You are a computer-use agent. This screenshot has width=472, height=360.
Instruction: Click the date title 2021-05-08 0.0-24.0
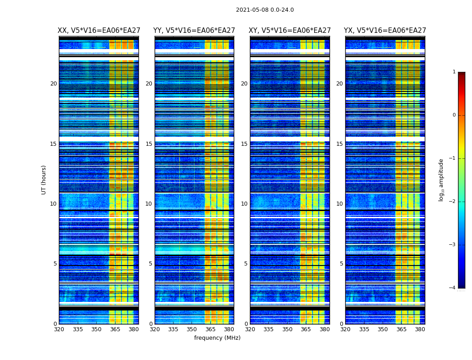pos(265,10)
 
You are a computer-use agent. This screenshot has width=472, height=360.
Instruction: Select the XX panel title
pos(99,31)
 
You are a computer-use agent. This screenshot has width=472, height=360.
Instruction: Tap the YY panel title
pos(194,31)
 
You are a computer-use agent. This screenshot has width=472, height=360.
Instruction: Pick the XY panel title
pos(289,31)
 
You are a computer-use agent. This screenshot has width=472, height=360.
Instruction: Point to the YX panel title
pos(385,31)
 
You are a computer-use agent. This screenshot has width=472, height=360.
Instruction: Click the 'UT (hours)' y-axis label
pos(44,180)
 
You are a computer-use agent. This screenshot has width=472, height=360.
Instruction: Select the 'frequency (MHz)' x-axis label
pos(217,338)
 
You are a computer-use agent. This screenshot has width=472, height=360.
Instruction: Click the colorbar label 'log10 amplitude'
pos(441,180)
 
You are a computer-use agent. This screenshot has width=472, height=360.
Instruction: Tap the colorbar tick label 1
pos(454,72)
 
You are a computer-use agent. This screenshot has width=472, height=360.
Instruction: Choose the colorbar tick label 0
pos(454,115)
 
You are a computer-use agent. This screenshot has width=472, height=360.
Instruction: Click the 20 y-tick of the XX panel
pos(53,84)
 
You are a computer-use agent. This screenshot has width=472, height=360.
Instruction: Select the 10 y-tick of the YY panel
pos(149,204)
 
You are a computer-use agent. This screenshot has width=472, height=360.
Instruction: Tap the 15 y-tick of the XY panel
pos(244,144)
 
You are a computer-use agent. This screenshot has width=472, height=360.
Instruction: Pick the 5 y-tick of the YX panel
pos(341,264)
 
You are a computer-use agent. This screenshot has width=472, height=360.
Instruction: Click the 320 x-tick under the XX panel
pos(59,329)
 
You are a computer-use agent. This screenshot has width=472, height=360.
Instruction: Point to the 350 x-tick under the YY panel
pos(192,329)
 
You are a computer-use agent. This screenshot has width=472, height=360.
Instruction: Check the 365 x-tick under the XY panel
pos(306,329)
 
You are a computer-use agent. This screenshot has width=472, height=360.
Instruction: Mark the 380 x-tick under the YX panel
pos(420,329)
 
